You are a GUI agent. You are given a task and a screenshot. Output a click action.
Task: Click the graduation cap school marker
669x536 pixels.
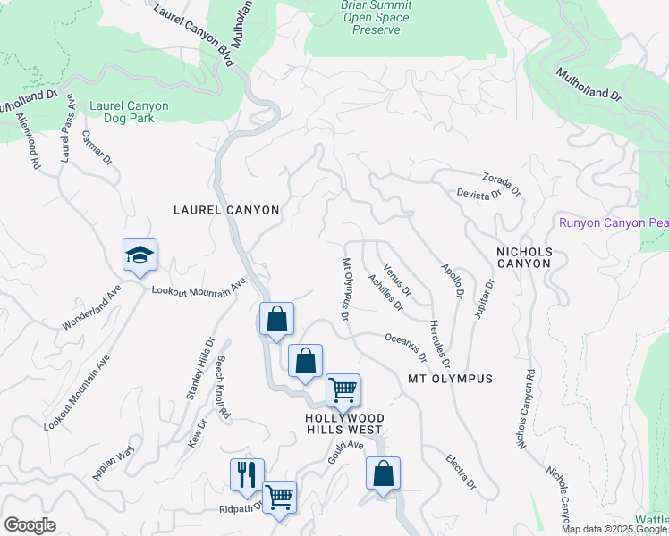(140, 255)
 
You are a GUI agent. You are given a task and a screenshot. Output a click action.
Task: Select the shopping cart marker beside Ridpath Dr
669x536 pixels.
(280, 497)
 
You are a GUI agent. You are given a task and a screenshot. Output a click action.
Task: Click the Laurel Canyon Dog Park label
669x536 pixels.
(129, 112)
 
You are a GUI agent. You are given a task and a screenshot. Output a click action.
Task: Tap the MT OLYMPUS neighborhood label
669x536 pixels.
(451, 379)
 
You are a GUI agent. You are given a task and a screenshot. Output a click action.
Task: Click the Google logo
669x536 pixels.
(30, 525)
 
